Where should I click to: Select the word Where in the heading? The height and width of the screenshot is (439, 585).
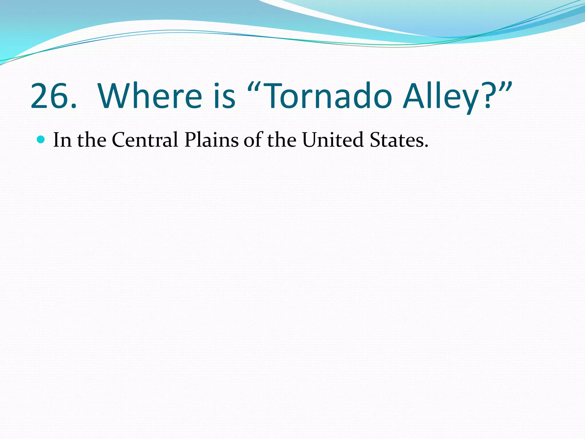click(150, 96)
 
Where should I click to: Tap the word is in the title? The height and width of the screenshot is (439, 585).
click(225, 96)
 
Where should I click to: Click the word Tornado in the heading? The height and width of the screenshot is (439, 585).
click(328, 96)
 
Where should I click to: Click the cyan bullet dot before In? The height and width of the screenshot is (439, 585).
click(41, 139)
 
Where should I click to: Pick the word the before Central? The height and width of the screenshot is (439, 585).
click(91, 140)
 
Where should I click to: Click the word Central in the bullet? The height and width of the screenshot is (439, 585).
click(145, 140)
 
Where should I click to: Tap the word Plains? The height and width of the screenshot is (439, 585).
click(211, 140)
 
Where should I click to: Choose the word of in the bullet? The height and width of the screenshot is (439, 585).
click(253, 140)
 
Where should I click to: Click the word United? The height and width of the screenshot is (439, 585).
click(333, 140)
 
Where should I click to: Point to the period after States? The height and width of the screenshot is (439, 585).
click(426, 146)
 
